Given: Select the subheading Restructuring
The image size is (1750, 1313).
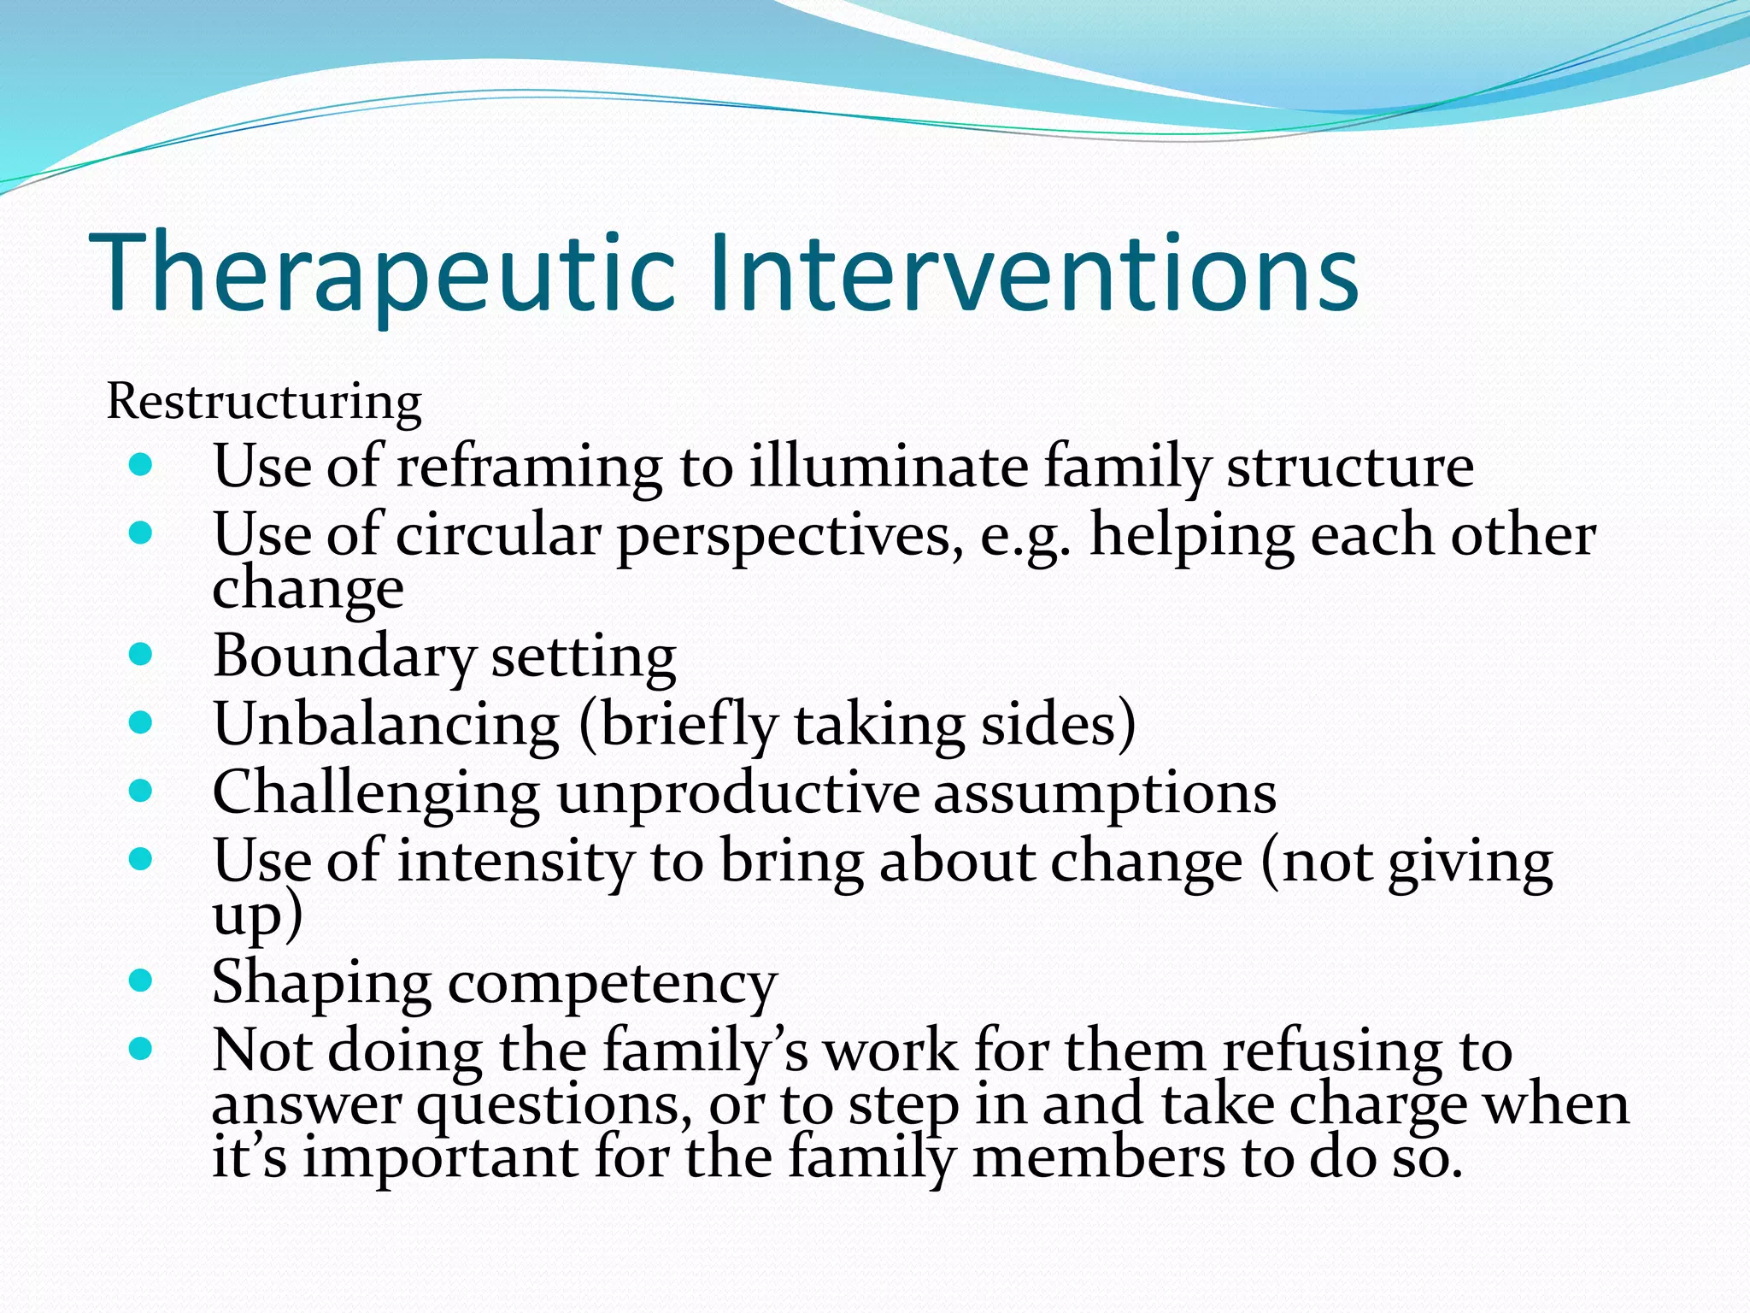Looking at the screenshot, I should (264, 401).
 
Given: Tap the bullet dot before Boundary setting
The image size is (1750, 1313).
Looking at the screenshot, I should (140, 655).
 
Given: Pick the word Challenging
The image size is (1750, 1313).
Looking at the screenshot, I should (376, 793).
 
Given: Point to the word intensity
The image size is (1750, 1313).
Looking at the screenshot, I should (515, 862).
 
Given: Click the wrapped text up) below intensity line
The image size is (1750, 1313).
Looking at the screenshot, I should (256, 916).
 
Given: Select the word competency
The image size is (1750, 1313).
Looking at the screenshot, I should (612, 984).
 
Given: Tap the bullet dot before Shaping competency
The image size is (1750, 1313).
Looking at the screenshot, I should (140, 980).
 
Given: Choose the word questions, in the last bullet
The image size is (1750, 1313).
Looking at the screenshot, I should (555, 1104).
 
